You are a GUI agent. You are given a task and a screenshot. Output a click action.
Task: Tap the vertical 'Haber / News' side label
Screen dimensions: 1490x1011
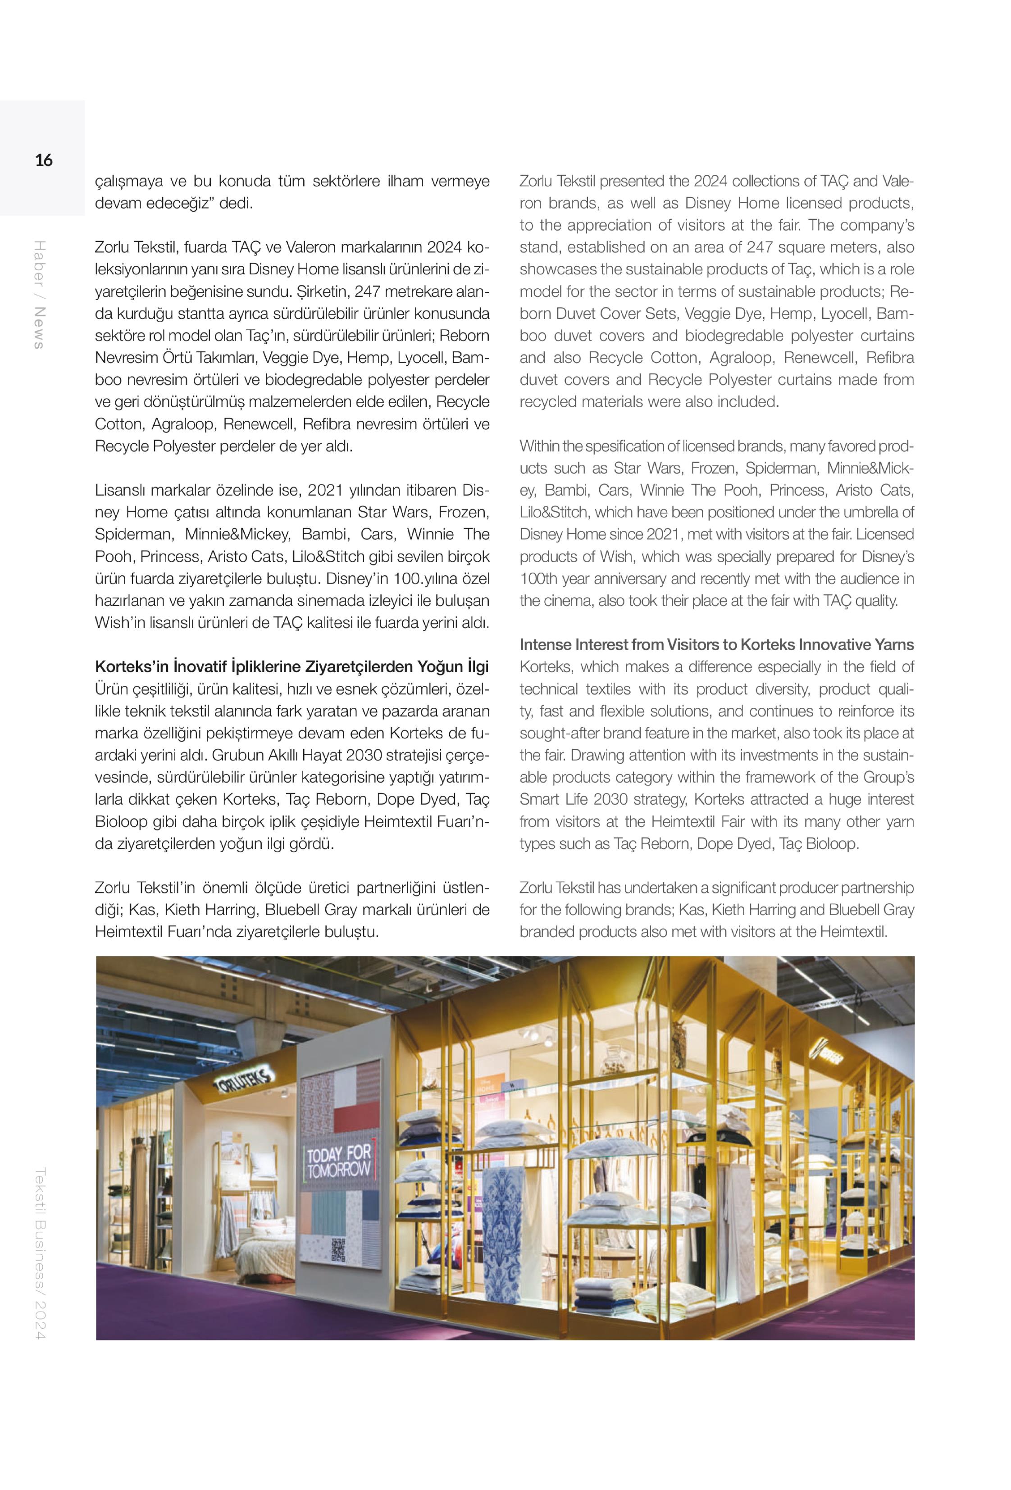40,295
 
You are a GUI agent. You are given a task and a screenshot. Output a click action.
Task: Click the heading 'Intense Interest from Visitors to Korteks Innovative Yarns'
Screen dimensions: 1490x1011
716,645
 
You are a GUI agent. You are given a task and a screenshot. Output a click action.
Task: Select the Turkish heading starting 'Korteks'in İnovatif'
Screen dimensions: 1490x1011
291,667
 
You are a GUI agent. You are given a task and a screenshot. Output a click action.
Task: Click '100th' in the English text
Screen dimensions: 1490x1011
538,579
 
